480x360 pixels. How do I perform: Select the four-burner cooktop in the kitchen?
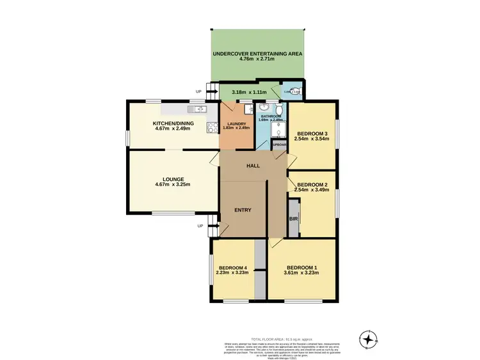click(210, 127)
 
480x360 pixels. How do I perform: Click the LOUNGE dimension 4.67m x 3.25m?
click(173, 185)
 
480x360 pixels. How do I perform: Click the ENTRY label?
click(243, 210)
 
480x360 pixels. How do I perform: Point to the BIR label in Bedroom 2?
click(293, 219)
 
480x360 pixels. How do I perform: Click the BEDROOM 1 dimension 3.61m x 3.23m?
click(302, 273)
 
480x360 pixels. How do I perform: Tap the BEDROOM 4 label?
click(232, 267)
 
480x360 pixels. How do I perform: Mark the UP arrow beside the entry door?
click(200, 226)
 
